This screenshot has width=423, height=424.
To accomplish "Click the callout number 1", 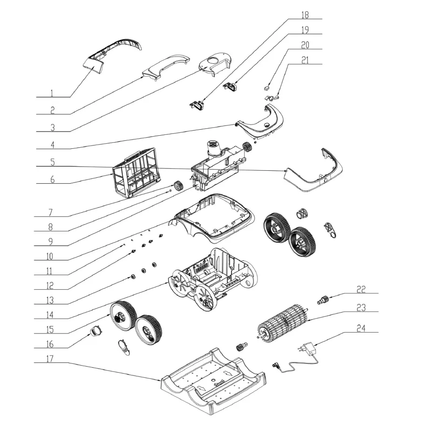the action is pos(52,93).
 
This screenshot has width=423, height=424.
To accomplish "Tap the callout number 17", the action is pos(50,359).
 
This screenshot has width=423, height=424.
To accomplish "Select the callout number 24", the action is pos(361,328).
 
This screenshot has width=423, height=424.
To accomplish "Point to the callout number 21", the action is pos(305,60).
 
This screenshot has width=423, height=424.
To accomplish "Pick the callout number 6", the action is pos(52,180).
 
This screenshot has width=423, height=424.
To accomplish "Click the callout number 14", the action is pos(50,315).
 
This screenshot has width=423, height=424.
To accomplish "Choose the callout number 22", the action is pos(361,289).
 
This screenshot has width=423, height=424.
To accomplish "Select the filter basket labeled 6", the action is pos(137,173).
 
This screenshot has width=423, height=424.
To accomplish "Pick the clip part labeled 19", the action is pos(230,87).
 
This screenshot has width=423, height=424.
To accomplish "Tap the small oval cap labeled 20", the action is pos(266,88).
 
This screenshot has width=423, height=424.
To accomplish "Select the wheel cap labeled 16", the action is pos(96,331).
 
